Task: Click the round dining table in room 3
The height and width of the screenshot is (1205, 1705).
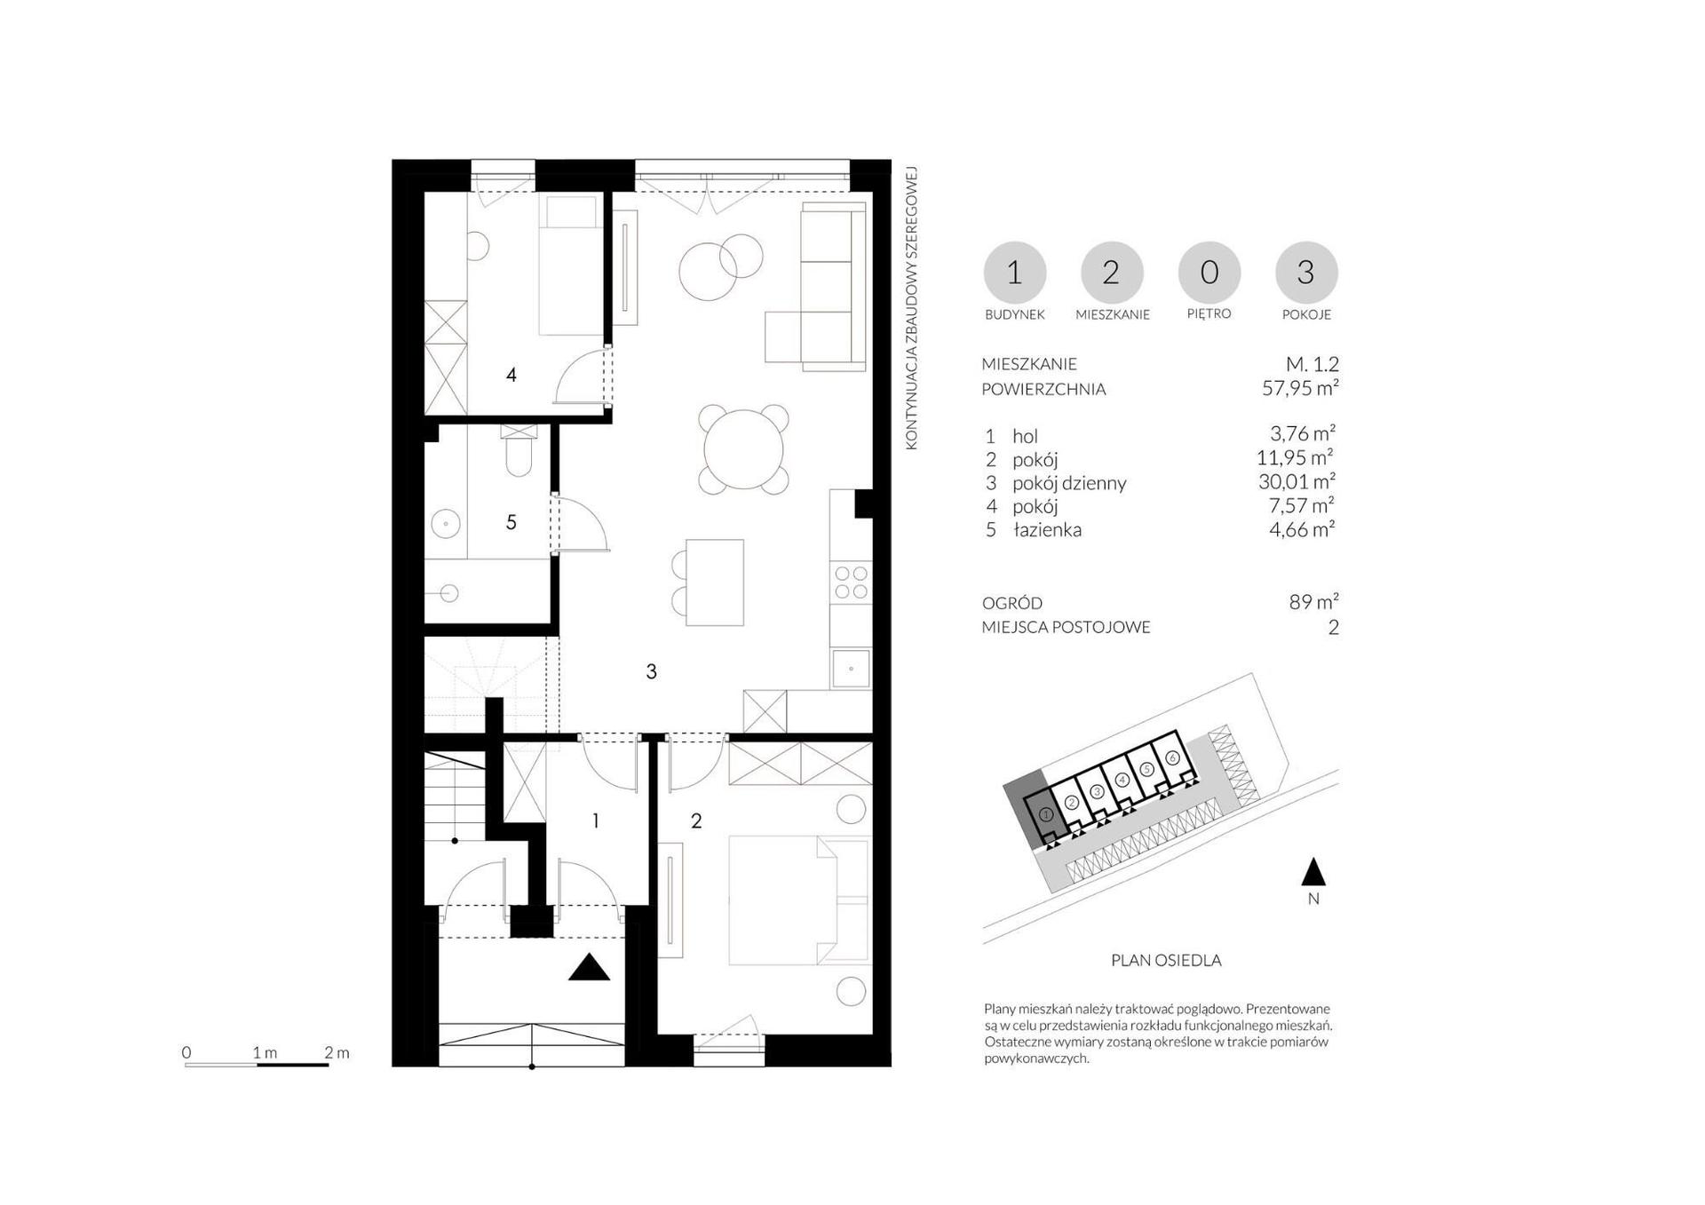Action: click(x=743, y=448)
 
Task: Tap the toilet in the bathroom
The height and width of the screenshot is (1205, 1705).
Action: click(x=519, y=452)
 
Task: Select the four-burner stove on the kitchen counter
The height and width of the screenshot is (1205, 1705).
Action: click(x=851, y=583)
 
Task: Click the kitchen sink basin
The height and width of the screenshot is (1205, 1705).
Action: click(x=851, y=669)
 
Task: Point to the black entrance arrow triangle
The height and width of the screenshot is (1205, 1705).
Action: click(x=589, y=966)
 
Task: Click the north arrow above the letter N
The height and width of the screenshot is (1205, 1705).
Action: click(x=1313, y=872)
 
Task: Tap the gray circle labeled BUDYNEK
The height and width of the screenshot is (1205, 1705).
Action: click(x=1014, y=273)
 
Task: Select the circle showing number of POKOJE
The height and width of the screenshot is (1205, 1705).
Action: click(x=1305, y=273)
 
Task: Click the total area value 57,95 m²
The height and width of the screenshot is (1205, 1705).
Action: click(x=1300, y=388)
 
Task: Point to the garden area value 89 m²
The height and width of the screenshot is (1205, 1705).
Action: click(x=1313, y=602)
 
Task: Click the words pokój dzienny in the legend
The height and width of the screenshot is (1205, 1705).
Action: click(x=1069, y=483)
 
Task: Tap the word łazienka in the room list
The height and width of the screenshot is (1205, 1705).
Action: click(x=1047, y=530)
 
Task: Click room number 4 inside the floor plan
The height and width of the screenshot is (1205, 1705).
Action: click(x=511, y=375)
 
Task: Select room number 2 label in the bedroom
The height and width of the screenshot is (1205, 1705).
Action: click(x=696, y=821)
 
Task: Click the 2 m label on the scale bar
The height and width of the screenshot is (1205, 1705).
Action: click(x=337, y=1052)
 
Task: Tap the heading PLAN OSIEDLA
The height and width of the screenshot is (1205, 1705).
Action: click(x=1166, y=960)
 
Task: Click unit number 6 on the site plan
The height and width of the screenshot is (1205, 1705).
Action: click(x=1172, y=757)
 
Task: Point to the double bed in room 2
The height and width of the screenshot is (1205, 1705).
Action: click(x=797, y=900)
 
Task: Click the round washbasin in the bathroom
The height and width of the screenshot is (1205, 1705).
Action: click(x=446, y=524)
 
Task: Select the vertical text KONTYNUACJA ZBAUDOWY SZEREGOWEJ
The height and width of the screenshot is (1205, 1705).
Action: click(x=911, y=308)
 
